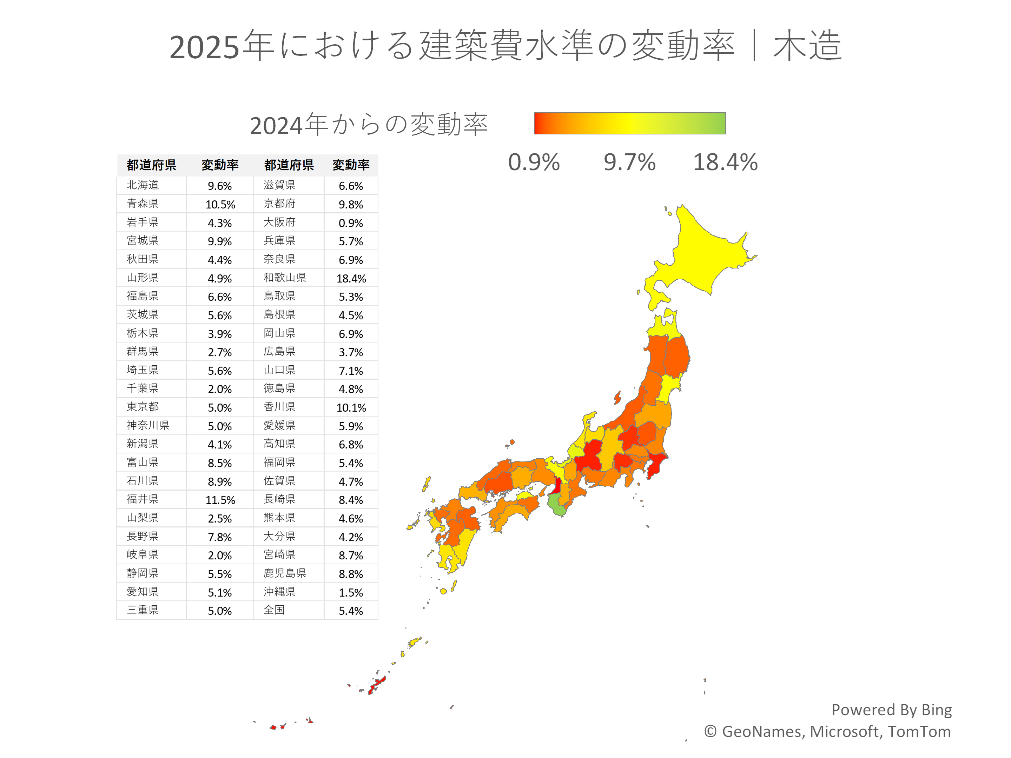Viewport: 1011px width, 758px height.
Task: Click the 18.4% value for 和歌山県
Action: pos(351,278)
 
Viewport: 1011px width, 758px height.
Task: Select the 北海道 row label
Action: pos(143,185)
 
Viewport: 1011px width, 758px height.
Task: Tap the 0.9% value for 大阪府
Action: pos(351,223)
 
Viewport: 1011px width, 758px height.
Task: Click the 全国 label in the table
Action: pos(274,610)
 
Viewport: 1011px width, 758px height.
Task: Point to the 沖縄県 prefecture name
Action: pos(279,592)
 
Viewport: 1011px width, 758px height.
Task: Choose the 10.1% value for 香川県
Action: pos(351,407)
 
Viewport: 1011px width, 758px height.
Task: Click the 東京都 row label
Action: pos(143,407)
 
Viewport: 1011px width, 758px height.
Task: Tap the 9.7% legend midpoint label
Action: pos(629,162)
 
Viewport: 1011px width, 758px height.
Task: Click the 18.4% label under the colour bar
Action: pos(725,162)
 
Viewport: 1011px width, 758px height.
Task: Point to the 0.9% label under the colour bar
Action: pos(534,162)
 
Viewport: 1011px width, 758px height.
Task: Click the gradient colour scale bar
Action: pos(629,124)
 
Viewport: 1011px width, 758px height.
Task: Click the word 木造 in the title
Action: pos(807,46)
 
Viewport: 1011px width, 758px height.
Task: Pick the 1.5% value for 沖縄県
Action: pos(351,593)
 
